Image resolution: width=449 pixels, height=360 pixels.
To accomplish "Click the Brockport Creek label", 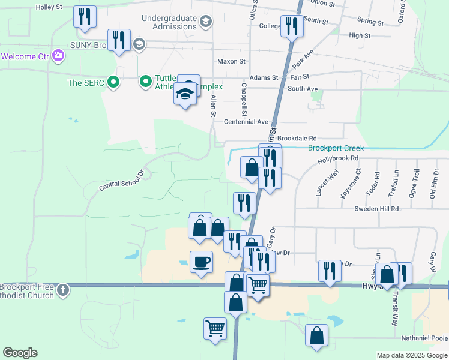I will click(336, 148).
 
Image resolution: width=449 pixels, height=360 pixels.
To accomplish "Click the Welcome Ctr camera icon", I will click(58, 56).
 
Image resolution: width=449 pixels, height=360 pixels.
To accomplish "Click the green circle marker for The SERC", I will click(112, 83).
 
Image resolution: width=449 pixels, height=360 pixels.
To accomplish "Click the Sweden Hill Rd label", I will click(376, 208).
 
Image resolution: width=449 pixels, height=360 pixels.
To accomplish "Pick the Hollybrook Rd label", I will click(338, 158).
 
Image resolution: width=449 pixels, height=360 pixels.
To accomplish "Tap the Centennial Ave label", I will click(246, 122).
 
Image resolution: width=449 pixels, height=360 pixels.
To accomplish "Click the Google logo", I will click(20, 353).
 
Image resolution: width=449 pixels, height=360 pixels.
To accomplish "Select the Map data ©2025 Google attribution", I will click(412, 355).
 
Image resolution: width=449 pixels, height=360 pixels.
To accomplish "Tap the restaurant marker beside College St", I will click(292, 26).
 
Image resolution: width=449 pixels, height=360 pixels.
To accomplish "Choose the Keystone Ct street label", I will click(358, 182).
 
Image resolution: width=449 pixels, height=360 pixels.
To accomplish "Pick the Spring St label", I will click(370, 22).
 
